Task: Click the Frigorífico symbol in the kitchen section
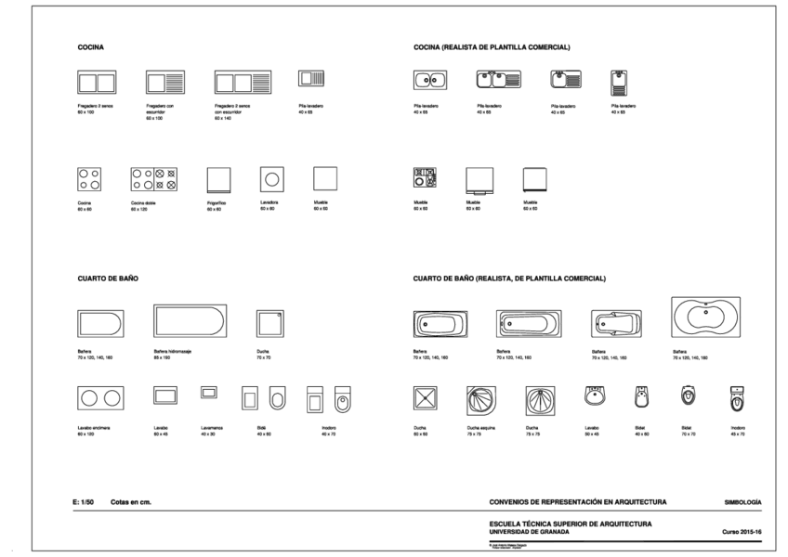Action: coord(218,178)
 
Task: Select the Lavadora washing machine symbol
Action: coord(272,177)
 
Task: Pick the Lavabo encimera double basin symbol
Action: coord(100,398)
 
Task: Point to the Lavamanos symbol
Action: coord(208,393)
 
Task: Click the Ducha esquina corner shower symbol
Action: coord(481,399)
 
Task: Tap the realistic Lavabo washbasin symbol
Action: coord(595,396)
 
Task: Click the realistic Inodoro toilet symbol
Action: coord(737,396)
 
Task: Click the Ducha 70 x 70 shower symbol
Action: coord(269,322)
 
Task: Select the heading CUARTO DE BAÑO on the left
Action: coord(108,278)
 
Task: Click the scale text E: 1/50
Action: coord(84,502)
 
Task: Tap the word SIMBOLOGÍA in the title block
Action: coord(742,502)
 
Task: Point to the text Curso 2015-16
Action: coord(742,532)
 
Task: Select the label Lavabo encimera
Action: coord(94,427)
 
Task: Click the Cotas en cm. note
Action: coord(130,502)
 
